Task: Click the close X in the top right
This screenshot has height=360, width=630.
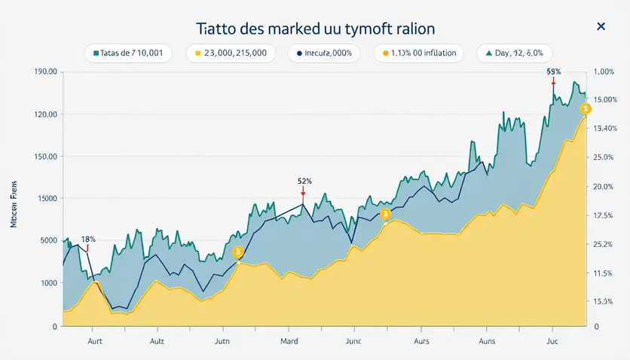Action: coord(601,27)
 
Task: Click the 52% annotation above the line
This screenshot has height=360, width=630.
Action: coord(304,181)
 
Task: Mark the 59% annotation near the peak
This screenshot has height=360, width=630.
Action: coord(553,71)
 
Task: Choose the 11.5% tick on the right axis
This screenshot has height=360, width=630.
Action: coord(605,273)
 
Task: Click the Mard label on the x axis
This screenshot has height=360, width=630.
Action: coord(289,341)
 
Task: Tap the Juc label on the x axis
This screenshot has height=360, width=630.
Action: coord(551,341)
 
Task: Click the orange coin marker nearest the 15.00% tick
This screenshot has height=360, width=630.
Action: coord(585,110)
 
